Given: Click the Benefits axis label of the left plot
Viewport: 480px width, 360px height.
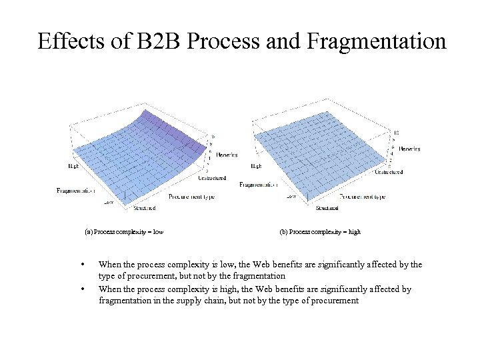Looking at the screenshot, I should (227, 155).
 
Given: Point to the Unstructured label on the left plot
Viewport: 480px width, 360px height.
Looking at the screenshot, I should (212, 178).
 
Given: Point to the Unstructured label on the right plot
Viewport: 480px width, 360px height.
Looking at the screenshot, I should (389, 172).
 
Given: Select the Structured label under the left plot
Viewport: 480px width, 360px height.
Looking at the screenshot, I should (144, 208).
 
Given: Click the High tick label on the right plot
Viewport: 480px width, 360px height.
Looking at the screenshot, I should (255, 165).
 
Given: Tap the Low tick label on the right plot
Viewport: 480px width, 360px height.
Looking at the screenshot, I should (291, 196).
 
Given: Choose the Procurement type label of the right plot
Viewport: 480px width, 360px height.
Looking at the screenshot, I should (362, 197).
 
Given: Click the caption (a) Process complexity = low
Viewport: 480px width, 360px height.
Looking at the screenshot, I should (125, 232).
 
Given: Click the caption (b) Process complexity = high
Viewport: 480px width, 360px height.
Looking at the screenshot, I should (320, 232).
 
